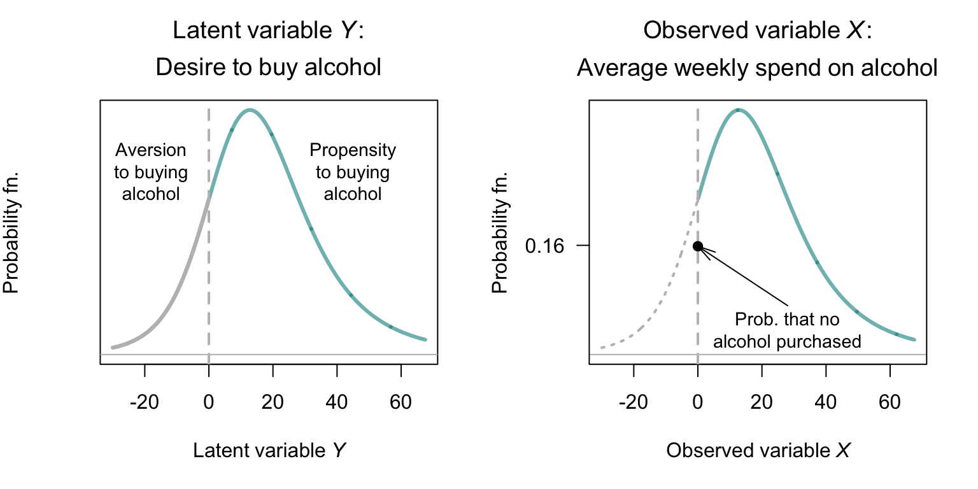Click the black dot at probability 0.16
(698, 246)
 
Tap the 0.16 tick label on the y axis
(545, 246)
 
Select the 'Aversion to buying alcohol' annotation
(151, 172)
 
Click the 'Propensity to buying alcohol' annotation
(353, 172)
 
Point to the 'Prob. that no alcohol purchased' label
(787, 330)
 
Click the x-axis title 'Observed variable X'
(758, 451)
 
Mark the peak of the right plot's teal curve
(739, 110)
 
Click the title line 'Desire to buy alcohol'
(269, 67)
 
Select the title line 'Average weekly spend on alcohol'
(757, 67)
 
